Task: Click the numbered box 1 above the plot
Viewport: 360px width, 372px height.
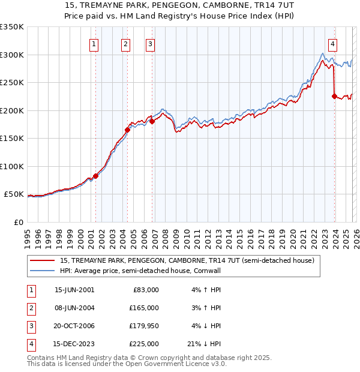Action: point(95,43)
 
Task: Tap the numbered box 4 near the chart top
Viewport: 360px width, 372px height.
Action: point(333,43)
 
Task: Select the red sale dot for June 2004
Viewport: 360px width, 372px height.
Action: point(127,130)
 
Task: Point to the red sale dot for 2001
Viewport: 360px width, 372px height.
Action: point(95,176)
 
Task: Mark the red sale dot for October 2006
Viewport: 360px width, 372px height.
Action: point(152,121)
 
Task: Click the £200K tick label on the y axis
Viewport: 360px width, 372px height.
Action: point(11,110)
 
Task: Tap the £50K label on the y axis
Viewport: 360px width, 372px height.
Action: point(13,194)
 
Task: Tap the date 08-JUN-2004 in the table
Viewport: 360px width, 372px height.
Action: point(74,307)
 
